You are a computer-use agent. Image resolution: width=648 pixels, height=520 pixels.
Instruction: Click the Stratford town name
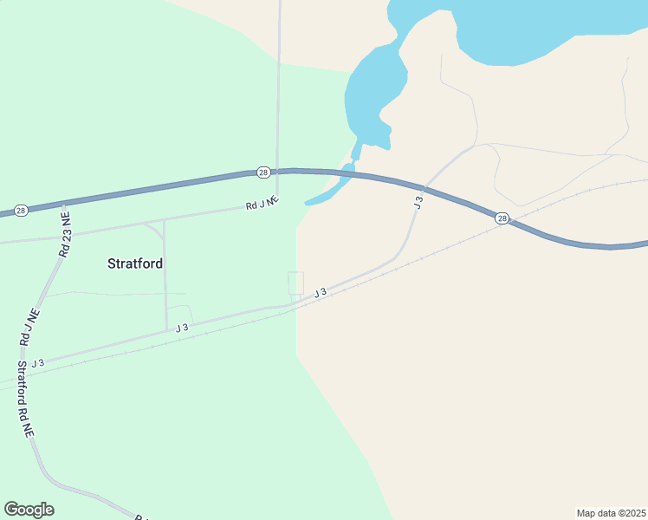click(135, 263)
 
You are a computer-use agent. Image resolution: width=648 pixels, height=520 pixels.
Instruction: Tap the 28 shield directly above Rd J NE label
click(263, 172)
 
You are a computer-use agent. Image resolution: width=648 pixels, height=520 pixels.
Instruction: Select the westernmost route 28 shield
click(22, 211)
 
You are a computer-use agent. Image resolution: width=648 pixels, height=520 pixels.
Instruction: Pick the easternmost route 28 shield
click(502, 218)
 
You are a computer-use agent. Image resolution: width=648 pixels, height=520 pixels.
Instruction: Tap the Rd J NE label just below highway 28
click(262, 204)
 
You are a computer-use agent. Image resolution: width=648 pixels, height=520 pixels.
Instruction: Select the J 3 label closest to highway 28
click(418, 202)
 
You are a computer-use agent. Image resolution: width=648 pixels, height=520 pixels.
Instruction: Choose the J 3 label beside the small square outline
click(320, 293)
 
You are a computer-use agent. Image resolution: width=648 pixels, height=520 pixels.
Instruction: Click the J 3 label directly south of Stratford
click(182, 328)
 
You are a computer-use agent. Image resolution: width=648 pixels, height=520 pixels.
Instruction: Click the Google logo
click(29, 510)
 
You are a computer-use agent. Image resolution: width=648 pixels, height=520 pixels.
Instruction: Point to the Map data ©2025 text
click(611, 513)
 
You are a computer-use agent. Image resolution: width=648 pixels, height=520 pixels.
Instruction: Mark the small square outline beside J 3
click(295, 283)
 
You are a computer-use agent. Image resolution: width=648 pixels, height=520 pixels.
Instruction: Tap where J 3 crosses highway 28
click(424, 186)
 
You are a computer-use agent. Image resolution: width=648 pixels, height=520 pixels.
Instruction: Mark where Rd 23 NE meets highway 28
click(63, 204)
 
